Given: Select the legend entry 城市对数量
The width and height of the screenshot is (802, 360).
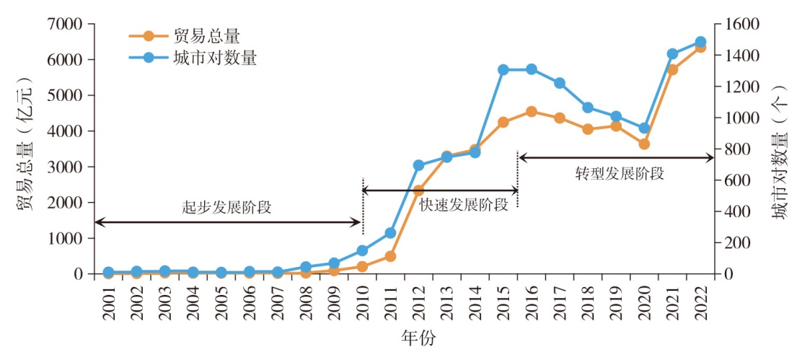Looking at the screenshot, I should coord(214,58).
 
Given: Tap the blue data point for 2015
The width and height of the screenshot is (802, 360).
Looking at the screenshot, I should coord(503,70).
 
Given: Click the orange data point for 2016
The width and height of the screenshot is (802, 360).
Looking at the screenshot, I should coord(532,112).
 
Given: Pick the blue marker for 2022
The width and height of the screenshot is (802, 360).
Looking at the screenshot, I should coord(700,43).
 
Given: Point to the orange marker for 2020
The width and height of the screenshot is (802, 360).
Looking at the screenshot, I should coord(644,144).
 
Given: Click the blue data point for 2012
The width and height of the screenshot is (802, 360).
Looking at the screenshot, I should coord(418,165).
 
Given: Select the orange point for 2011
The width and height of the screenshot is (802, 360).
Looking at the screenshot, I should coord(390,256).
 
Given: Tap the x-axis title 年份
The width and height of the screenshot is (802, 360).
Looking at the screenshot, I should coord(418,338).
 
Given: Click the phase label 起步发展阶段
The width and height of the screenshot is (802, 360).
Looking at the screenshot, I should coord(226,208).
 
